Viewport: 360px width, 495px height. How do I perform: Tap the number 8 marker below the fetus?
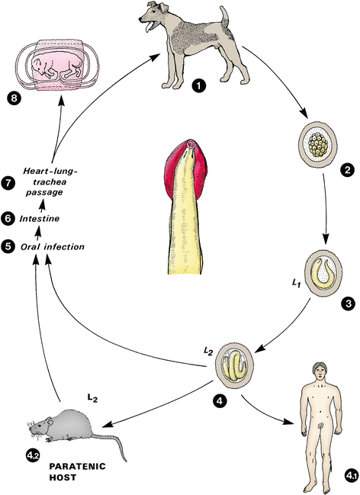(14, 99)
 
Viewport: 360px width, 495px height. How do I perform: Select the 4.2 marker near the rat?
(34, 455)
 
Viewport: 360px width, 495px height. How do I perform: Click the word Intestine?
(40, 218)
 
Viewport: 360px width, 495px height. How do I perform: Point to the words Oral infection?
(53, 246)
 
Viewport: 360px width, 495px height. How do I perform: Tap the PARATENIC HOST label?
(77, 471)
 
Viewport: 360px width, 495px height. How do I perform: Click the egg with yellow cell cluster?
(317, 143)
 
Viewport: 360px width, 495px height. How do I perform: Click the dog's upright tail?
(224, 18)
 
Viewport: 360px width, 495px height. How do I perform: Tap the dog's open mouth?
(148, 26)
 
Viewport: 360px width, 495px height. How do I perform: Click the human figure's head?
(320, 373)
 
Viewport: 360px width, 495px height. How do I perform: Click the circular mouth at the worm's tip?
(191, 144)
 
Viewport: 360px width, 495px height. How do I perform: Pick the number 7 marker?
(7, 183)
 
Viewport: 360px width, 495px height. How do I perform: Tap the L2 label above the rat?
(92, 399)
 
